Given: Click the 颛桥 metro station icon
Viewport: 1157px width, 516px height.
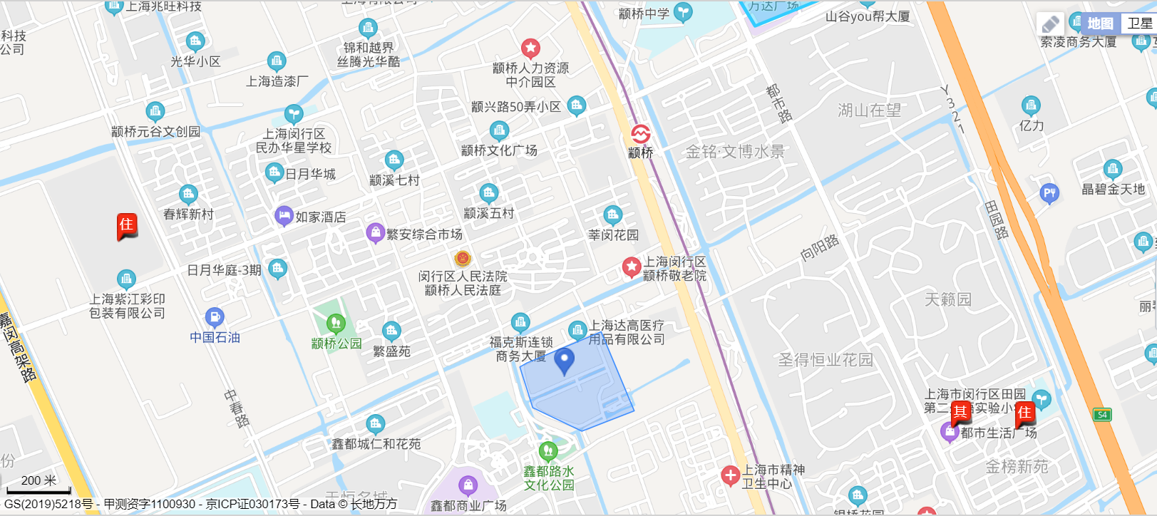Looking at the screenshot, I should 640,134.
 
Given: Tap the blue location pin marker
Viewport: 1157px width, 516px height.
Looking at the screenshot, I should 565,361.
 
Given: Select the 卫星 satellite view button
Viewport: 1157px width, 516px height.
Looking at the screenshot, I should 1139,24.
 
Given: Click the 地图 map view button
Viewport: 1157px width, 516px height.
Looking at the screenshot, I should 1100,24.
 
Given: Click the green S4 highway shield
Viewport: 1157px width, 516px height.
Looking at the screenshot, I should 1102,414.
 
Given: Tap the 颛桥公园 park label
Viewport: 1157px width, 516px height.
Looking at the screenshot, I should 336,344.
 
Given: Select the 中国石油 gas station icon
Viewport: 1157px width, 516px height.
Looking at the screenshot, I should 215,317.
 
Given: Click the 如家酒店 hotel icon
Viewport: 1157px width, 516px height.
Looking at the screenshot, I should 284,215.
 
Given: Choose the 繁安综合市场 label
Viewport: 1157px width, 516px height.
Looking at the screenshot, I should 424,234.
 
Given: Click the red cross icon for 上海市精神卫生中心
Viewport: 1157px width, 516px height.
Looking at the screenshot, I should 730,475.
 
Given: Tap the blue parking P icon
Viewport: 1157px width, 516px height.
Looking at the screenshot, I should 1049,192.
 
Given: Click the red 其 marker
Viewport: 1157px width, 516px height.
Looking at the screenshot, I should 960,411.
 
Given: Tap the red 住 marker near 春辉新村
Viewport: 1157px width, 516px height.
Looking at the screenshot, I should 126,225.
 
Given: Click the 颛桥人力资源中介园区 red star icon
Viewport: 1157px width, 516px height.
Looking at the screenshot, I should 530,48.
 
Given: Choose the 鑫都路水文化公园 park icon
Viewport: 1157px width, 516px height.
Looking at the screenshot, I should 548,451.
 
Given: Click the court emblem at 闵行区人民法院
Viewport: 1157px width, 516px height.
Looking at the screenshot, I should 463,258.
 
